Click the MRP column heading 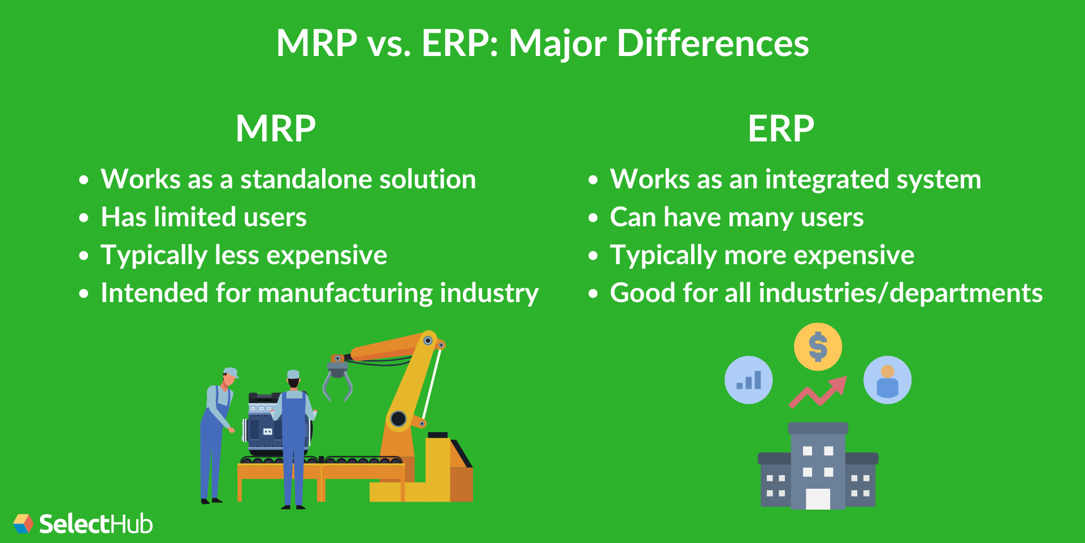pyautogui.click(x=276, y=129)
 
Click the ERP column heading pyautogui.click(x=781, y=129)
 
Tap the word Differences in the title pyautogui.click(x=713, y=44)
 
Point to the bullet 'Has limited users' pyautogui.click(x=203, y=218)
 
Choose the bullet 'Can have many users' pyautogui.click(x=736, y=218)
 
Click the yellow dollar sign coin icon pyautogui.click(x=818, y=347)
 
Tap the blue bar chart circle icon pyautogui.click(x=748, y=380)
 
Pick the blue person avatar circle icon pyautogui.click(x=887, y=380)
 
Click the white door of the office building pyautogui.click(x=818, y=499)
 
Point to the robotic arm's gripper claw pyautogui.click(x=337, y=382)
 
